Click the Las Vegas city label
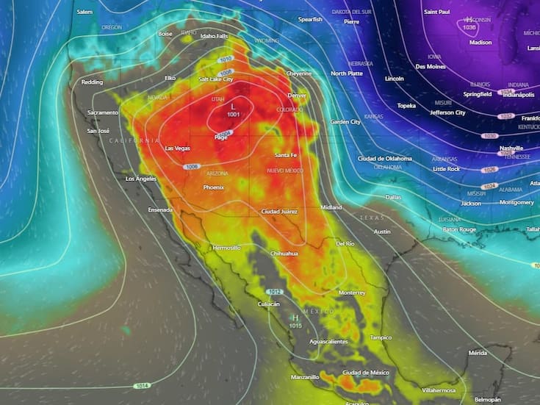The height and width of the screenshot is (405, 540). pyautogui.click(x=177, y=148)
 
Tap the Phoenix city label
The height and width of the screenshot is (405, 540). pyautogui.click(x=213, y=187)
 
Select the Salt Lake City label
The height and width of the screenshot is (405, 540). pyautogui.click(x=215, y=79)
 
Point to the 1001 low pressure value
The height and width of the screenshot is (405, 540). pyautogui.click(x=234, y=115)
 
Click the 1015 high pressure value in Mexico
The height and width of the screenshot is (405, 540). pyautogui.click(x=295, y=325)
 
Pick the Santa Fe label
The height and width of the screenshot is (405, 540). pyautogui.click(x=286, y=155)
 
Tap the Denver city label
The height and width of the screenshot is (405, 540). pyautogui.click(x=297, y=96)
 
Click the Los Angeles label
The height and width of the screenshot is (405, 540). pyautogui.click(x=141, y=179)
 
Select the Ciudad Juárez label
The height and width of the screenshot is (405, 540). pyautogui.click(x=279, y=212)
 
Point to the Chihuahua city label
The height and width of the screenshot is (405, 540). pyautogui.click(x=284, y=254)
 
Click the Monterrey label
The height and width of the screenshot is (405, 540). pyautogui.click(x=352, y=293)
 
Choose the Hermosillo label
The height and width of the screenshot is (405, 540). pyautogui.click(x=226, y=248)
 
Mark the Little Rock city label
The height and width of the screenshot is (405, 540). pyautogui.click(x=446, y=169)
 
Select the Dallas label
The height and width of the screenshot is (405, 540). pyautogui.click(x=393, y=197)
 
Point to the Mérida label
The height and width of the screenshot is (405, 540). pyautogui.click(x=478, y=354)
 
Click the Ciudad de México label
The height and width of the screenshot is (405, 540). pyautogui.click(x=365, y=373)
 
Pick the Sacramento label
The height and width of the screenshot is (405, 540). pyautogui.click(x=102, y=112)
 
